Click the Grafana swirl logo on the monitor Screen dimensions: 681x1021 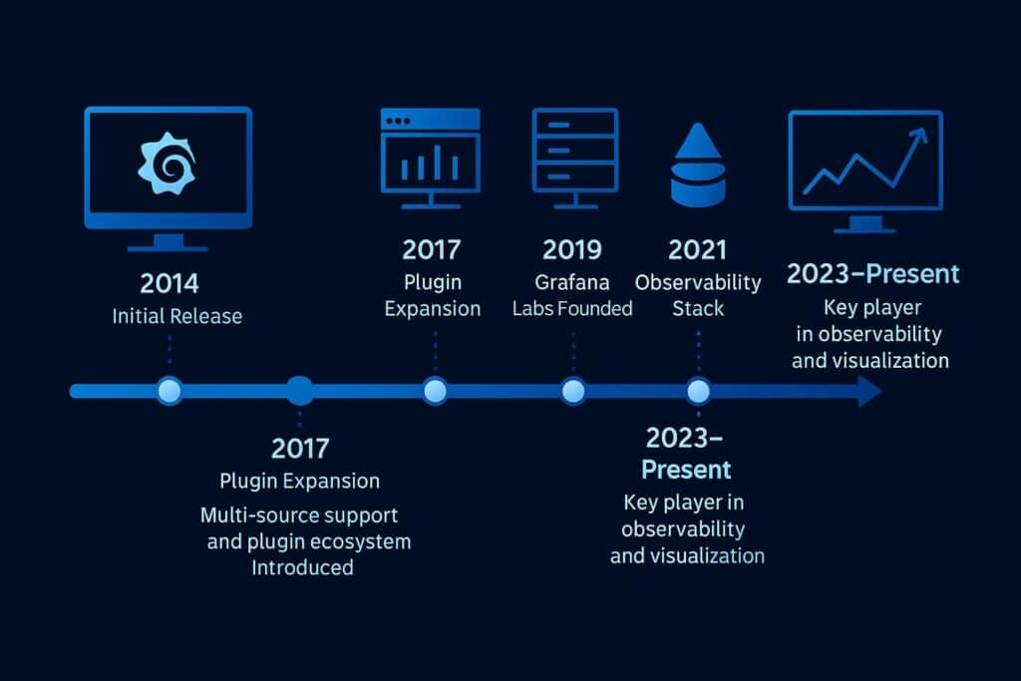(169, 166)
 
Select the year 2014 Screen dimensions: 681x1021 (170, 283)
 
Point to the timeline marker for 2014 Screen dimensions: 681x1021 (170, 391)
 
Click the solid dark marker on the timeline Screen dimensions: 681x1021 (299, 391)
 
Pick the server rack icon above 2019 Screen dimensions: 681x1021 (573, 157)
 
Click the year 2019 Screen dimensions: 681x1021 (572, 249)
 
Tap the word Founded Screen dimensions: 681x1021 (595, 308)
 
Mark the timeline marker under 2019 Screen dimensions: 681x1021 (572, 391)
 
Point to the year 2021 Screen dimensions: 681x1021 (697, 249)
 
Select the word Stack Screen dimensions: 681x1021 (698, 308)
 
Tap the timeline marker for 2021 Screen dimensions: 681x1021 (698, 391)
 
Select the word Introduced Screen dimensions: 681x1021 (302, 567)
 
